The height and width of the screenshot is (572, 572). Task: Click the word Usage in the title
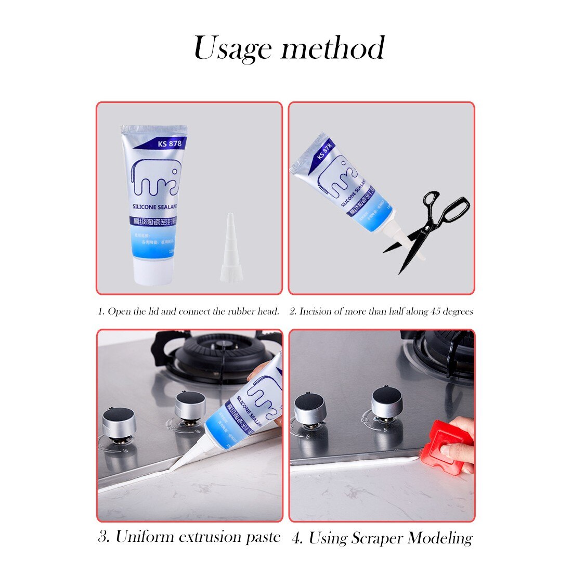[232, 49]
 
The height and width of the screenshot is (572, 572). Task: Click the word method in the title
[333, 48]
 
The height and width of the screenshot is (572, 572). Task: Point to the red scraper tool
[447, 450]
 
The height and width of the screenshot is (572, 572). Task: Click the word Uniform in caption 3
[145, 536]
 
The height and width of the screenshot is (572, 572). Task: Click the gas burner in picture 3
[218, 354]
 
